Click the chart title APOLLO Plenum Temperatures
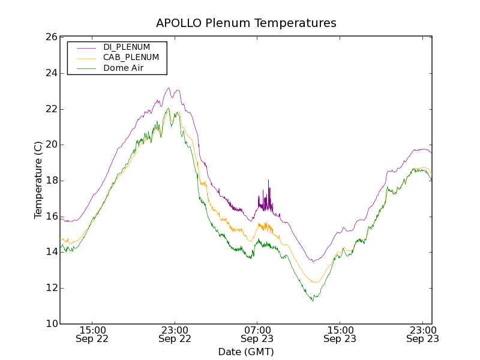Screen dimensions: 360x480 [x=246, y=23]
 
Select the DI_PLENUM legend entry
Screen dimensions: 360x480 [x=127, y=47]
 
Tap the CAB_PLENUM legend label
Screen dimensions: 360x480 [x=131, y=58]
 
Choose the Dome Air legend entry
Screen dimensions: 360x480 [x=124, y=68]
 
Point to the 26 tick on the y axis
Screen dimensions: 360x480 [x=50, y=37]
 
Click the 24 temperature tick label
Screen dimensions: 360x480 [x=50, y=73]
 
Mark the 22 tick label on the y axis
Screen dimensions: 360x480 [x=50, y=109]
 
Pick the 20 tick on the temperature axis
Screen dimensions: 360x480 [x=50, y=145]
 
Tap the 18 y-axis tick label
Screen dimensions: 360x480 [x=50, y=181]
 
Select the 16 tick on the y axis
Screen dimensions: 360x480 [x=50, y=217]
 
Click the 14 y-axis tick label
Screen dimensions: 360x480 [x=50, y=252]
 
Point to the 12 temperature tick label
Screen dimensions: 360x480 [x=50, y=288]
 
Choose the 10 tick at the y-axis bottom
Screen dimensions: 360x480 [x=50, y=324]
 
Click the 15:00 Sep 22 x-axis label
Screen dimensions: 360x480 [x=92, y=334]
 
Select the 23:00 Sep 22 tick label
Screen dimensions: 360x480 [x=175, y=334]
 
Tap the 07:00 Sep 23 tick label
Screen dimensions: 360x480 [x=257, y=334]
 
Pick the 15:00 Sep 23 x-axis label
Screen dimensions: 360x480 [x=340, y=334]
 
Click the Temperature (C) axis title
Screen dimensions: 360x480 [x=38, y=180]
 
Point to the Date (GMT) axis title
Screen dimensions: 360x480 [x=246, y=352]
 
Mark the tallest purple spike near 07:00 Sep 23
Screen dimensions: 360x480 [x=268, y=181]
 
